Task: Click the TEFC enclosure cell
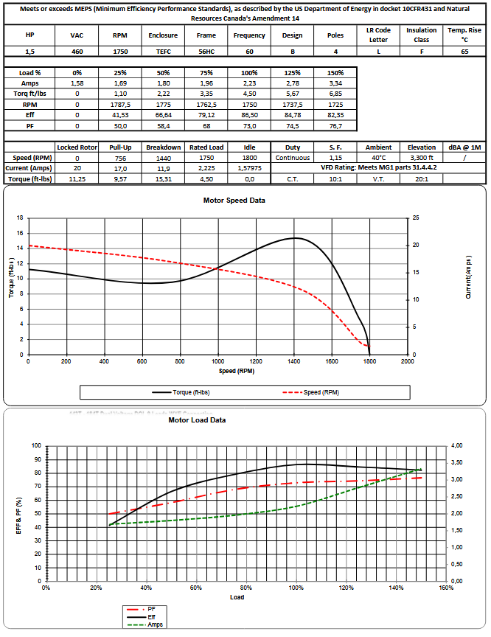click(x=162, y=52)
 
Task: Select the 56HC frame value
click(x=206, y=52)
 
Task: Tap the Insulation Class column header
click(x=421, y=35)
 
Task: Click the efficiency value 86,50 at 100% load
click(x=249, y=116)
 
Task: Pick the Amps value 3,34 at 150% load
click(x=335, y=84)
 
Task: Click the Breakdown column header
click(x=163, y=147)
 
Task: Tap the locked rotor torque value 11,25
click(x=77, y=178)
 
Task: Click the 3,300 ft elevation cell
click(x=422, y=158)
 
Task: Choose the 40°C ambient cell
click(x=378, y=158)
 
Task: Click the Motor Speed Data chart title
click(x=234, y=200)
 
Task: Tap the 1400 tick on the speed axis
click(x=293, y=361)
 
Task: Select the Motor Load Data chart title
click(x=197, y=420)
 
